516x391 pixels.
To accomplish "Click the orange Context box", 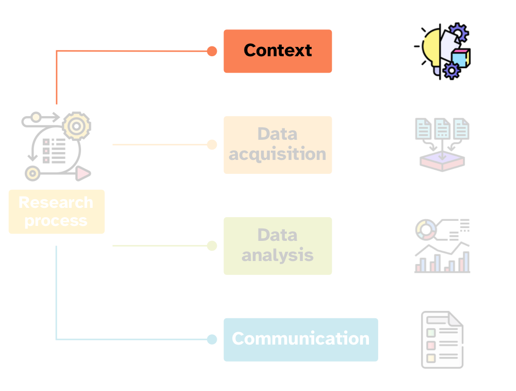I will [278, 51].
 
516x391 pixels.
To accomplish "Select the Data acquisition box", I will [278, 144].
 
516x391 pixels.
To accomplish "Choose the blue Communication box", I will [300, 339].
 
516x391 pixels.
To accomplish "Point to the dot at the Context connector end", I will [212, 51].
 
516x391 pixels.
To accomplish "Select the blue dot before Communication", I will [212, 339].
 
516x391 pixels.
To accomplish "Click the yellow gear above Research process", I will [76, 126].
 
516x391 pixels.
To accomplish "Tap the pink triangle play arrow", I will [83, 173].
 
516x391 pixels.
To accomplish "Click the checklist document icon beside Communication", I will [442, 340].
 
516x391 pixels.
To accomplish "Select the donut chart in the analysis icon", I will [426, 230].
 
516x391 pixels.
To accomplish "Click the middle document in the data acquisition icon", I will [442, 128].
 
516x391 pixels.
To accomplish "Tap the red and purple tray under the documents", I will [442, 161].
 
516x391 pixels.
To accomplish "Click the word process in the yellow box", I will [56, 221].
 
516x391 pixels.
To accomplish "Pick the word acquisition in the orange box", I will [278, 154].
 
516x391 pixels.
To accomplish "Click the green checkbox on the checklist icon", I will [430, 332].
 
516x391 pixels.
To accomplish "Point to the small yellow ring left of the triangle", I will [33, 174].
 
